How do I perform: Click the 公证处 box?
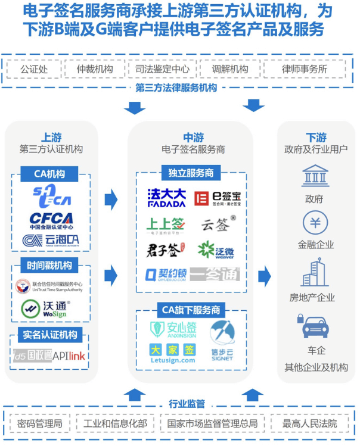tap(33, 69)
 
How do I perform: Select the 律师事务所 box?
tap(304, 69)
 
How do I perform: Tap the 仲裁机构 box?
tap(95, 69)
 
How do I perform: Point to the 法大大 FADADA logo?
tap(166, 198)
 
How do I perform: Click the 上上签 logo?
tap(166, 224)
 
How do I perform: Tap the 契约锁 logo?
tap(166, 275)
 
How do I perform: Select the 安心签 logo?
tap(173, 328)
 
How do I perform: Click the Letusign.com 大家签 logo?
tap(172, 353)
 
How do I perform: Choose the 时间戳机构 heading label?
tap(50, 266)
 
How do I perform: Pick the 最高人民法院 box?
tap(309, 423)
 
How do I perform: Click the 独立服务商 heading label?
tap(191, 173)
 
